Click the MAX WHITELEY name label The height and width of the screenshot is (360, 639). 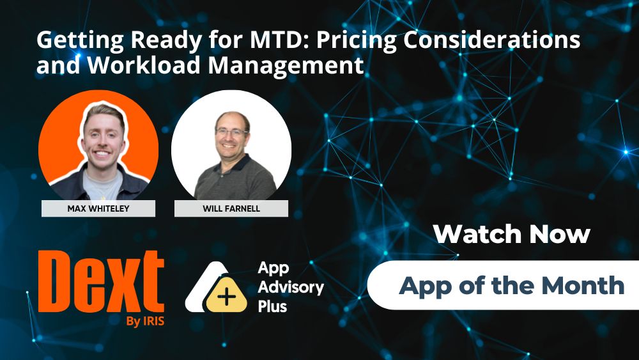point(98,208)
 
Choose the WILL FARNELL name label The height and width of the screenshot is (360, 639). point(231,208)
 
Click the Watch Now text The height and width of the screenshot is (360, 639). point(511,234)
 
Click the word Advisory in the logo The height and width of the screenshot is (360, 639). point(290,287)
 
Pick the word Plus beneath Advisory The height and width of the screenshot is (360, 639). point(272,306)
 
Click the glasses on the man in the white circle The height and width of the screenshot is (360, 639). point(231,132)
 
